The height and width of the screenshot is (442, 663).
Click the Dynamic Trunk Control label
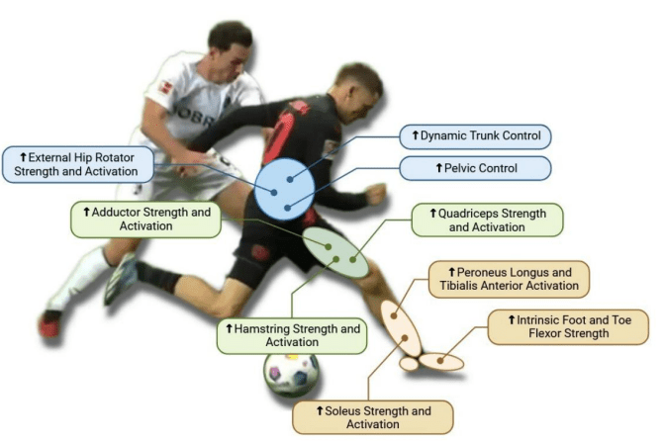coord(473,135)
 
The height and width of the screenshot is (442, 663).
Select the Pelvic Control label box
coord(473,167)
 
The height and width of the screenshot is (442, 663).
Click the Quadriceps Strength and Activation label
coord(487,220)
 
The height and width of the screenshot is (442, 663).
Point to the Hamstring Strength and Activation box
coord(291,334)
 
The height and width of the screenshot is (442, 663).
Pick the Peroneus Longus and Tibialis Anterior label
coord(509,278)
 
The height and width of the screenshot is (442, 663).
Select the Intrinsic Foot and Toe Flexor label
coord(568,326)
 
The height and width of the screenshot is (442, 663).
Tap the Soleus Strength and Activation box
coord(373,417)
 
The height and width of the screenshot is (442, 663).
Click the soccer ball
coord(291,375)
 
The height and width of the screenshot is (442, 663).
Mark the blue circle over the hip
coord(283,188)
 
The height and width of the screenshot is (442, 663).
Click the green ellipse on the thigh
coord(334,252)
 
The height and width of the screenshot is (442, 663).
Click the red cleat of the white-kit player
coord(49,322)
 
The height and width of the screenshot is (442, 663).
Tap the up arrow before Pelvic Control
coord(440,167)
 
